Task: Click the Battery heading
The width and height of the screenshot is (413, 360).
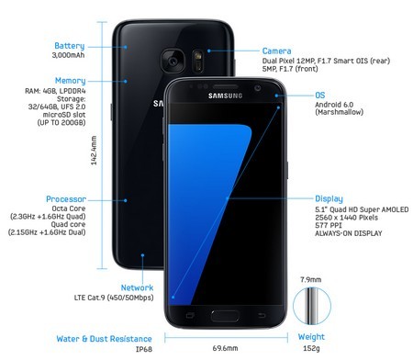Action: [x=69, y=45]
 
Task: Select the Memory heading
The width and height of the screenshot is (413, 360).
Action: [x=70, y=81]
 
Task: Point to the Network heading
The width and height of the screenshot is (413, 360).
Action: [x=136, y=287]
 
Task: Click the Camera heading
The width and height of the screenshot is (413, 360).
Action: [x=277, y=51]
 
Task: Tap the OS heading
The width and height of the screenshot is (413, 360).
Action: [x=320, y=95]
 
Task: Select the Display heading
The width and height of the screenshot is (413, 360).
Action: [x=329, y=198]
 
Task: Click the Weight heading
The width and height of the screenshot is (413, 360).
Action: [x=311, y=337]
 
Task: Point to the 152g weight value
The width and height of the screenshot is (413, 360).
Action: [x=311, y=350]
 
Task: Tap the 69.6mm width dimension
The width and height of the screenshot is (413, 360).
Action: [x=226, y=349]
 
